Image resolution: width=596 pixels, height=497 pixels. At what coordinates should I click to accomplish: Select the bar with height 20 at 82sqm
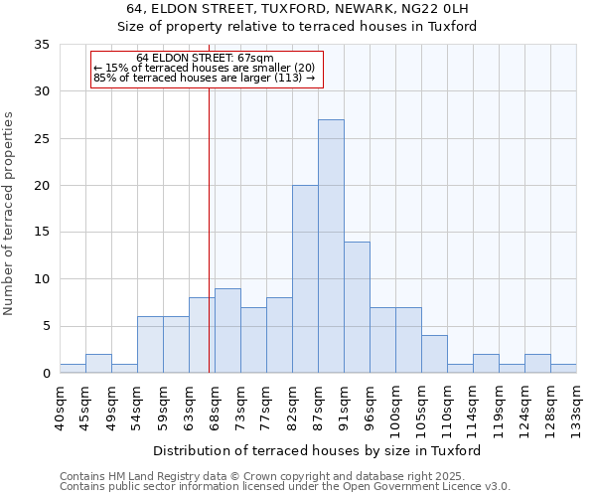[305, 279]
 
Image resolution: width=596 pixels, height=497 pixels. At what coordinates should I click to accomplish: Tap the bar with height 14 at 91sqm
[357, 307]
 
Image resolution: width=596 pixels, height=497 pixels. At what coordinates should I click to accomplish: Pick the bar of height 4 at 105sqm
[434, 354]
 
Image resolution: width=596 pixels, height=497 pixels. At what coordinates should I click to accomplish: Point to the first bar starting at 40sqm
[73, 369]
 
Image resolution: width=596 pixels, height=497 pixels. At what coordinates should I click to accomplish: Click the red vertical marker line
[209, 229]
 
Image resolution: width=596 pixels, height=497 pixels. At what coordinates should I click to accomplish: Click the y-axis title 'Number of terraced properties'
[9, 214]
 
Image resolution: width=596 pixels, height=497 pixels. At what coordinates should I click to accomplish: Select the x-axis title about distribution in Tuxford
[317, 450]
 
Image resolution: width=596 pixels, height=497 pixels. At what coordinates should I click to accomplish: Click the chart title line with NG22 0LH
[297, 9]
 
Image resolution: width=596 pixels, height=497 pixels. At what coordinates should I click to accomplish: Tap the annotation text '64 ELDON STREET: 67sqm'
[205, 59]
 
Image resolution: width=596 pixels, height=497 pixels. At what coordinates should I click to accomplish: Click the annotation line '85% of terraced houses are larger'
[204, 78]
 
